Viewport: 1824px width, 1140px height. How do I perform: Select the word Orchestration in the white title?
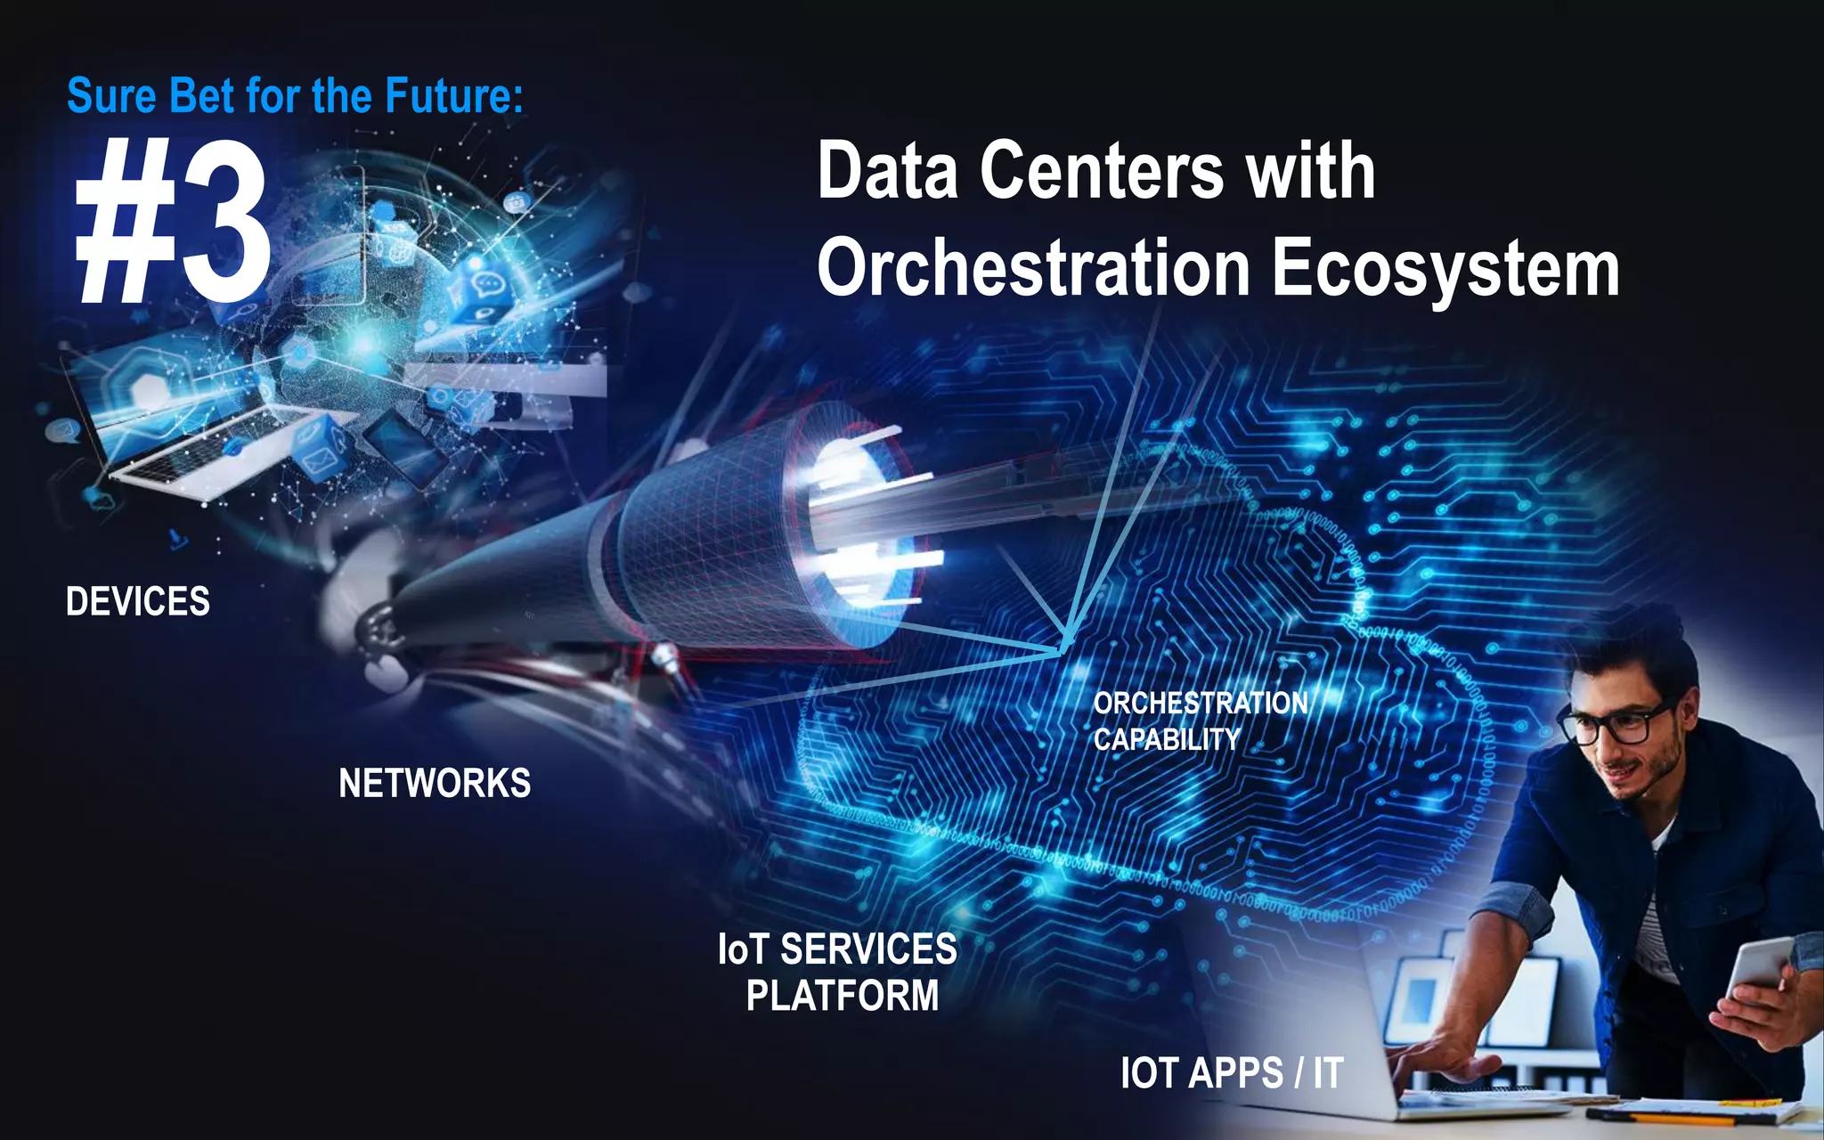point(1033,267)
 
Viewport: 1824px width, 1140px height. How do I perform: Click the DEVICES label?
point(138,602)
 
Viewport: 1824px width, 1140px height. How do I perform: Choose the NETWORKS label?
point(435,784)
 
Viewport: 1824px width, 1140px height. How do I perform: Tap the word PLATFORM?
point(843,996)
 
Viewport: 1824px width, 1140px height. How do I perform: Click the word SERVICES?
point(868,949)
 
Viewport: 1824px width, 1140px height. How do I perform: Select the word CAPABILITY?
point(1166,739)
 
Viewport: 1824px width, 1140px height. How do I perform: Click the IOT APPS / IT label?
point(1232,1073)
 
